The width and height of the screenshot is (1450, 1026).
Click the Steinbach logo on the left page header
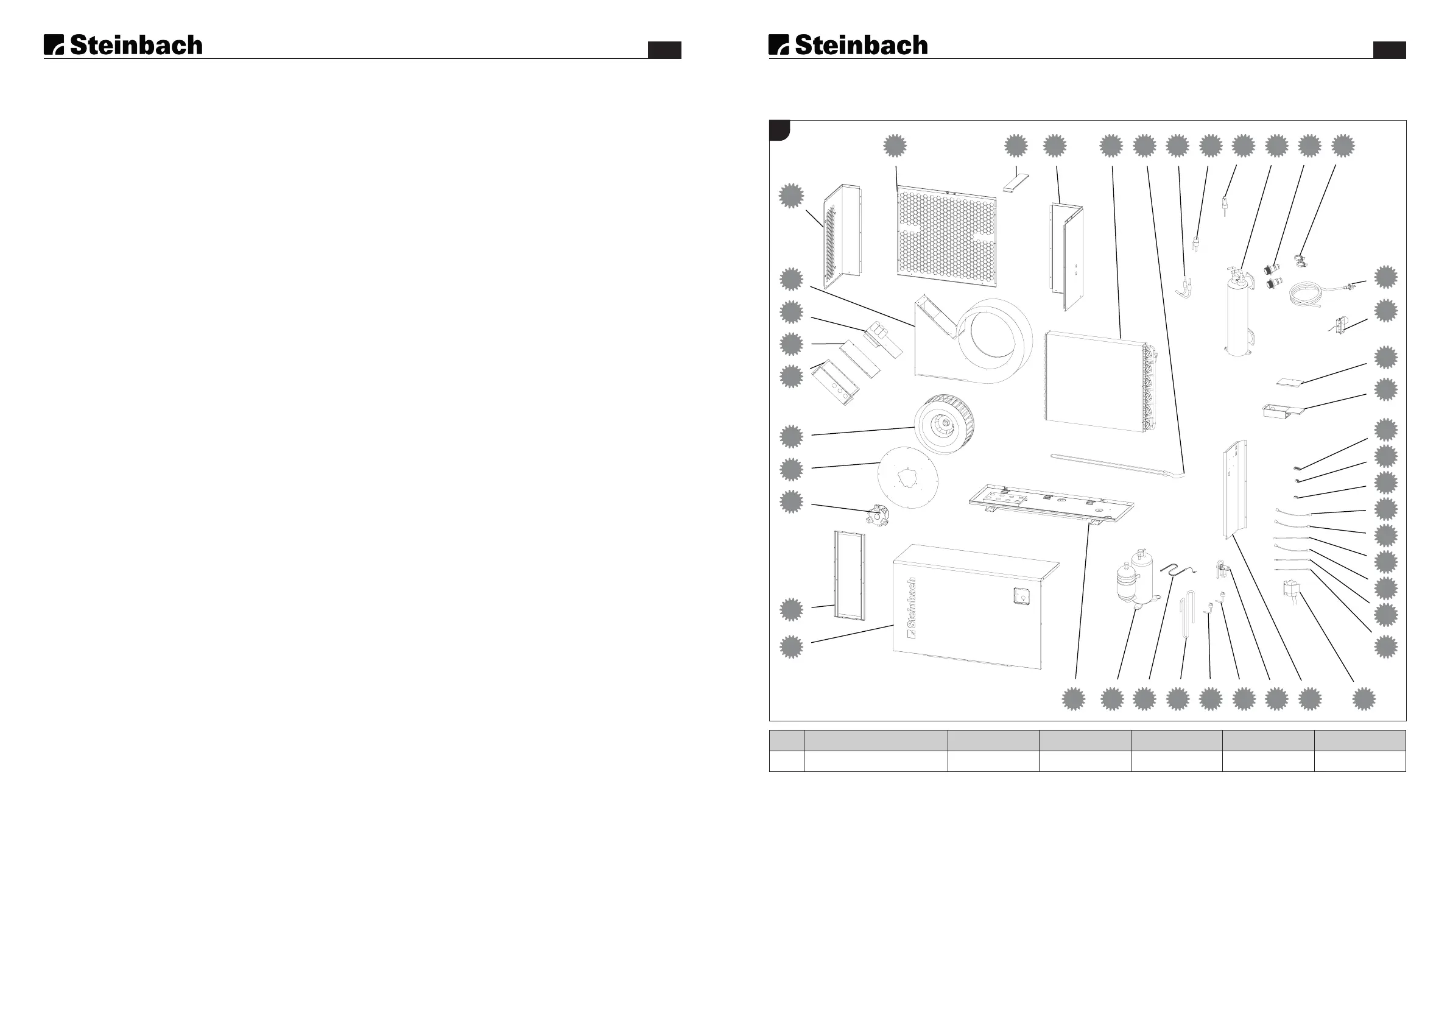[x=123, y=45]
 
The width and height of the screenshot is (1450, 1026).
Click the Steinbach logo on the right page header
[x=848, y=45]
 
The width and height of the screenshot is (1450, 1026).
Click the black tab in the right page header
[x=1389, y=50]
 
